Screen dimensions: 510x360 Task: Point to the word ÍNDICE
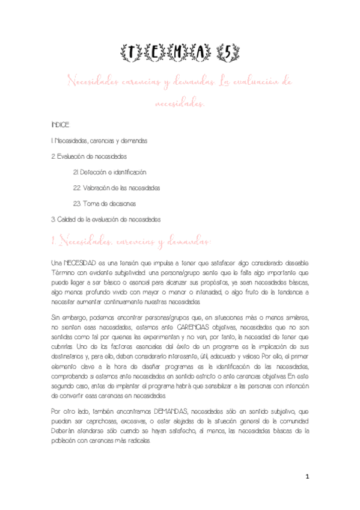61,125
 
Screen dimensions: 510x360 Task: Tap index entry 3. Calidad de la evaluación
106,219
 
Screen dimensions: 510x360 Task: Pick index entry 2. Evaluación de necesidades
90,156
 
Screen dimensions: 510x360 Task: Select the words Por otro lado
74,411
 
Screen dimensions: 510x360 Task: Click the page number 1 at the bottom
307,477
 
